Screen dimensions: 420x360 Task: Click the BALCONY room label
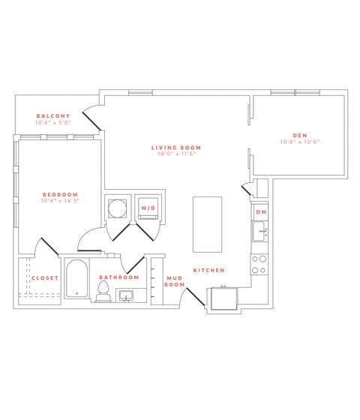52,115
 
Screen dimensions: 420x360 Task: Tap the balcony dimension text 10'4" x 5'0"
52,123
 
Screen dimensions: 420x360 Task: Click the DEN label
299,134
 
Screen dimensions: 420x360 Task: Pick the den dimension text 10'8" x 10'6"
299,142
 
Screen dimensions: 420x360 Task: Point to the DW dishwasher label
261,213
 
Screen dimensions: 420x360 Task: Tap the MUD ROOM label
174,281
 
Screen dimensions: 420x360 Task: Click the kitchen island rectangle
208,225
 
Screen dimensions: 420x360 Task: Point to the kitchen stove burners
259,264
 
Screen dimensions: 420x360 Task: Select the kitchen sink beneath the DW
260,234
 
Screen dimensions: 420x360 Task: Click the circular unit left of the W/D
118,208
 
